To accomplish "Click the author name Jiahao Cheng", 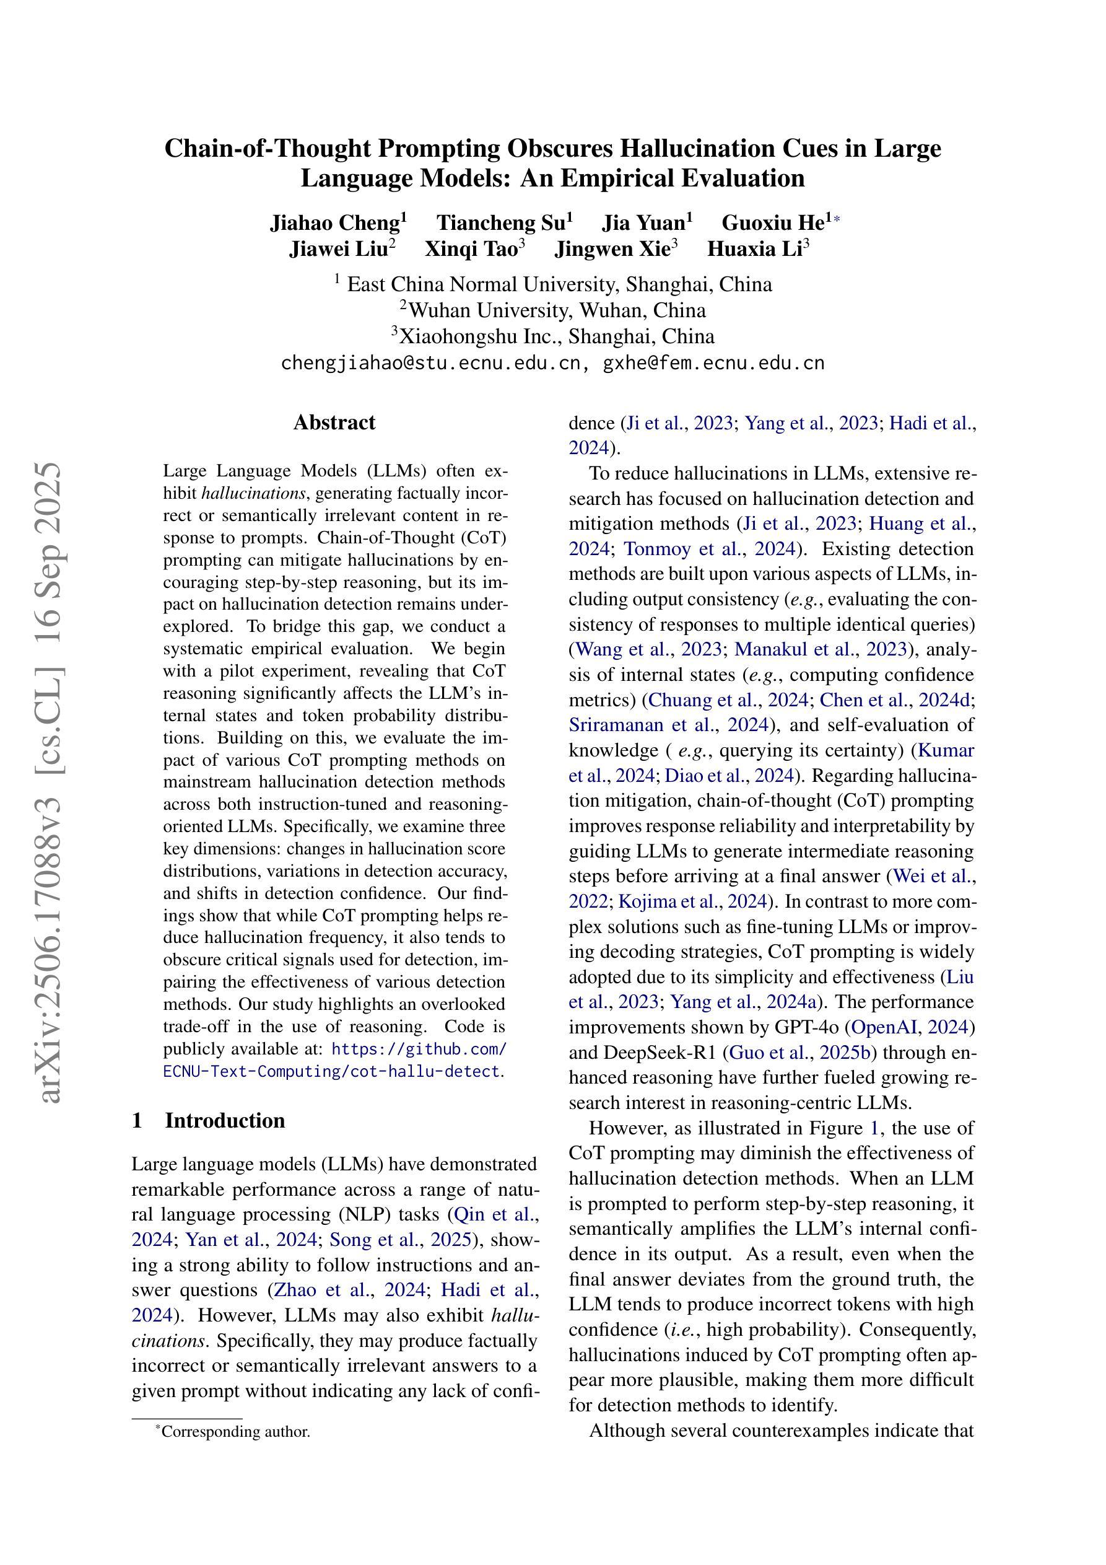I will pos(334,223).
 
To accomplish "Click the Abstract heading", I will pos(334,423).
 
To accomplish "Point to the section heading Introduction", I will pos(224,1121).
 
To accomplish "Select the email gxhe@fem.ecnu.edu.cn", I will pos(713,363).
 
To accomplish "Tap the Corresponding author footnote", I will pos(235,1431).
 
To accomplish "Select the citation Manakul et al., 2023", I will pos(821,649).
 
